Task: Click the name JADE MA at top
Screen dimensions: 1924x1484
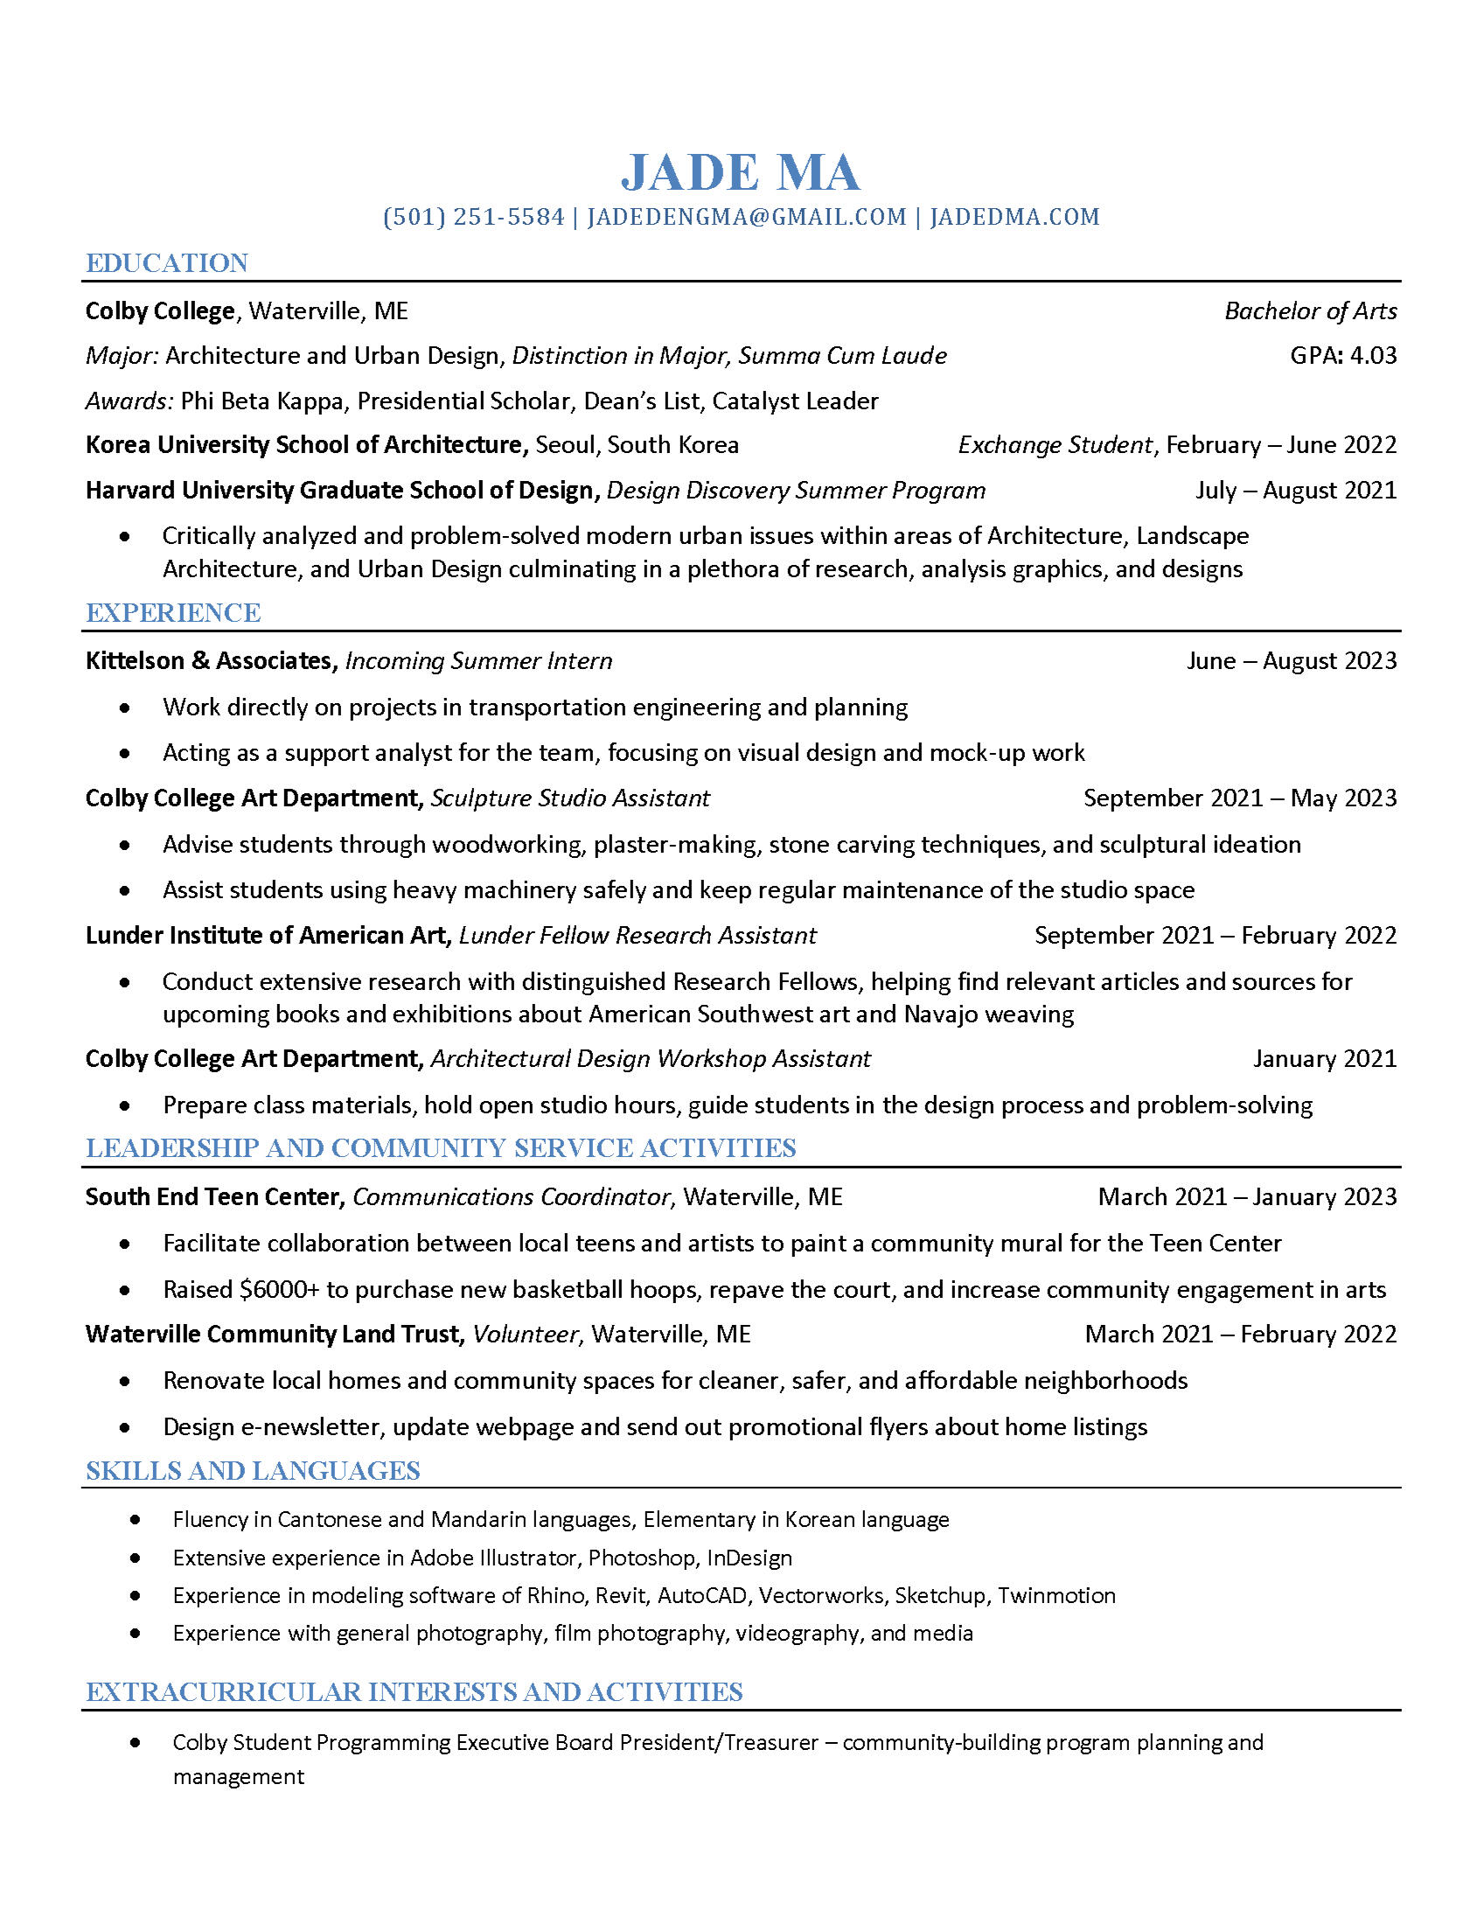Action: (741, 172)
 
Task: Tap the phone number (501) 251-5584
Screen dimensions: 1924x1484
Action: (474, 217)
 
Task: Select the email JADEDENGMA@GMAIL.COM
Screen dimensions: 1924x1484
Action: (746, 217)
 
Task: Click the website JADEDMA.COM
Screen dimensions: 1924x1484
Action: (1014, 217)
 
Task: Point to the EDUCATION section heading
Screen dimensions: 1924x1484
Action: (166, 263)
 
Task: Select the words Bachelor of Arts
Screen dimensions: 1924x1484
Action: (1310, 311)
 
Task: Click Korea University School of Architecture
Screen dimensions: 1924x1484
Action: (305, 445)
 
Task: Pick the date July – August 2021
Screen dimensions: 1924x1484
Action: (1295, 490)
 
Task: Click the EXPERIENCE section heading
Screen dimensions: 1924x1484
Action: (172, 613)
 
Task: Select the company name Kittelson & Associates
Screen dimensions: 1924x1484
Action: (208, 660)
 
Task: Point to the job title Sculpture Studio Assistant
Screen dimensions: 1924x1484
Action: (570, 798)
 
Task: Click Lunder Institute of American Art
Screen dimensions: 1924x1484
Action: (266, 935)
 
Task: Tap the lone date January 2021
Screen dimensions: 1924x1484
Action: (1325, 1058)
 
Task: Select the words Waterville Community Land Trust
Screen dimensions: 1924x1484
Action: (273, 1334)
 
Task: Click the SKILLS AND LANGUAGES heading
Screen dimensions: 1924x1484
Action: (253, 1471)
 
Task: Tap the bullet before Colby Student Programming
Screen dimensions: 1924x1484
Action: (135, 1742)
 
